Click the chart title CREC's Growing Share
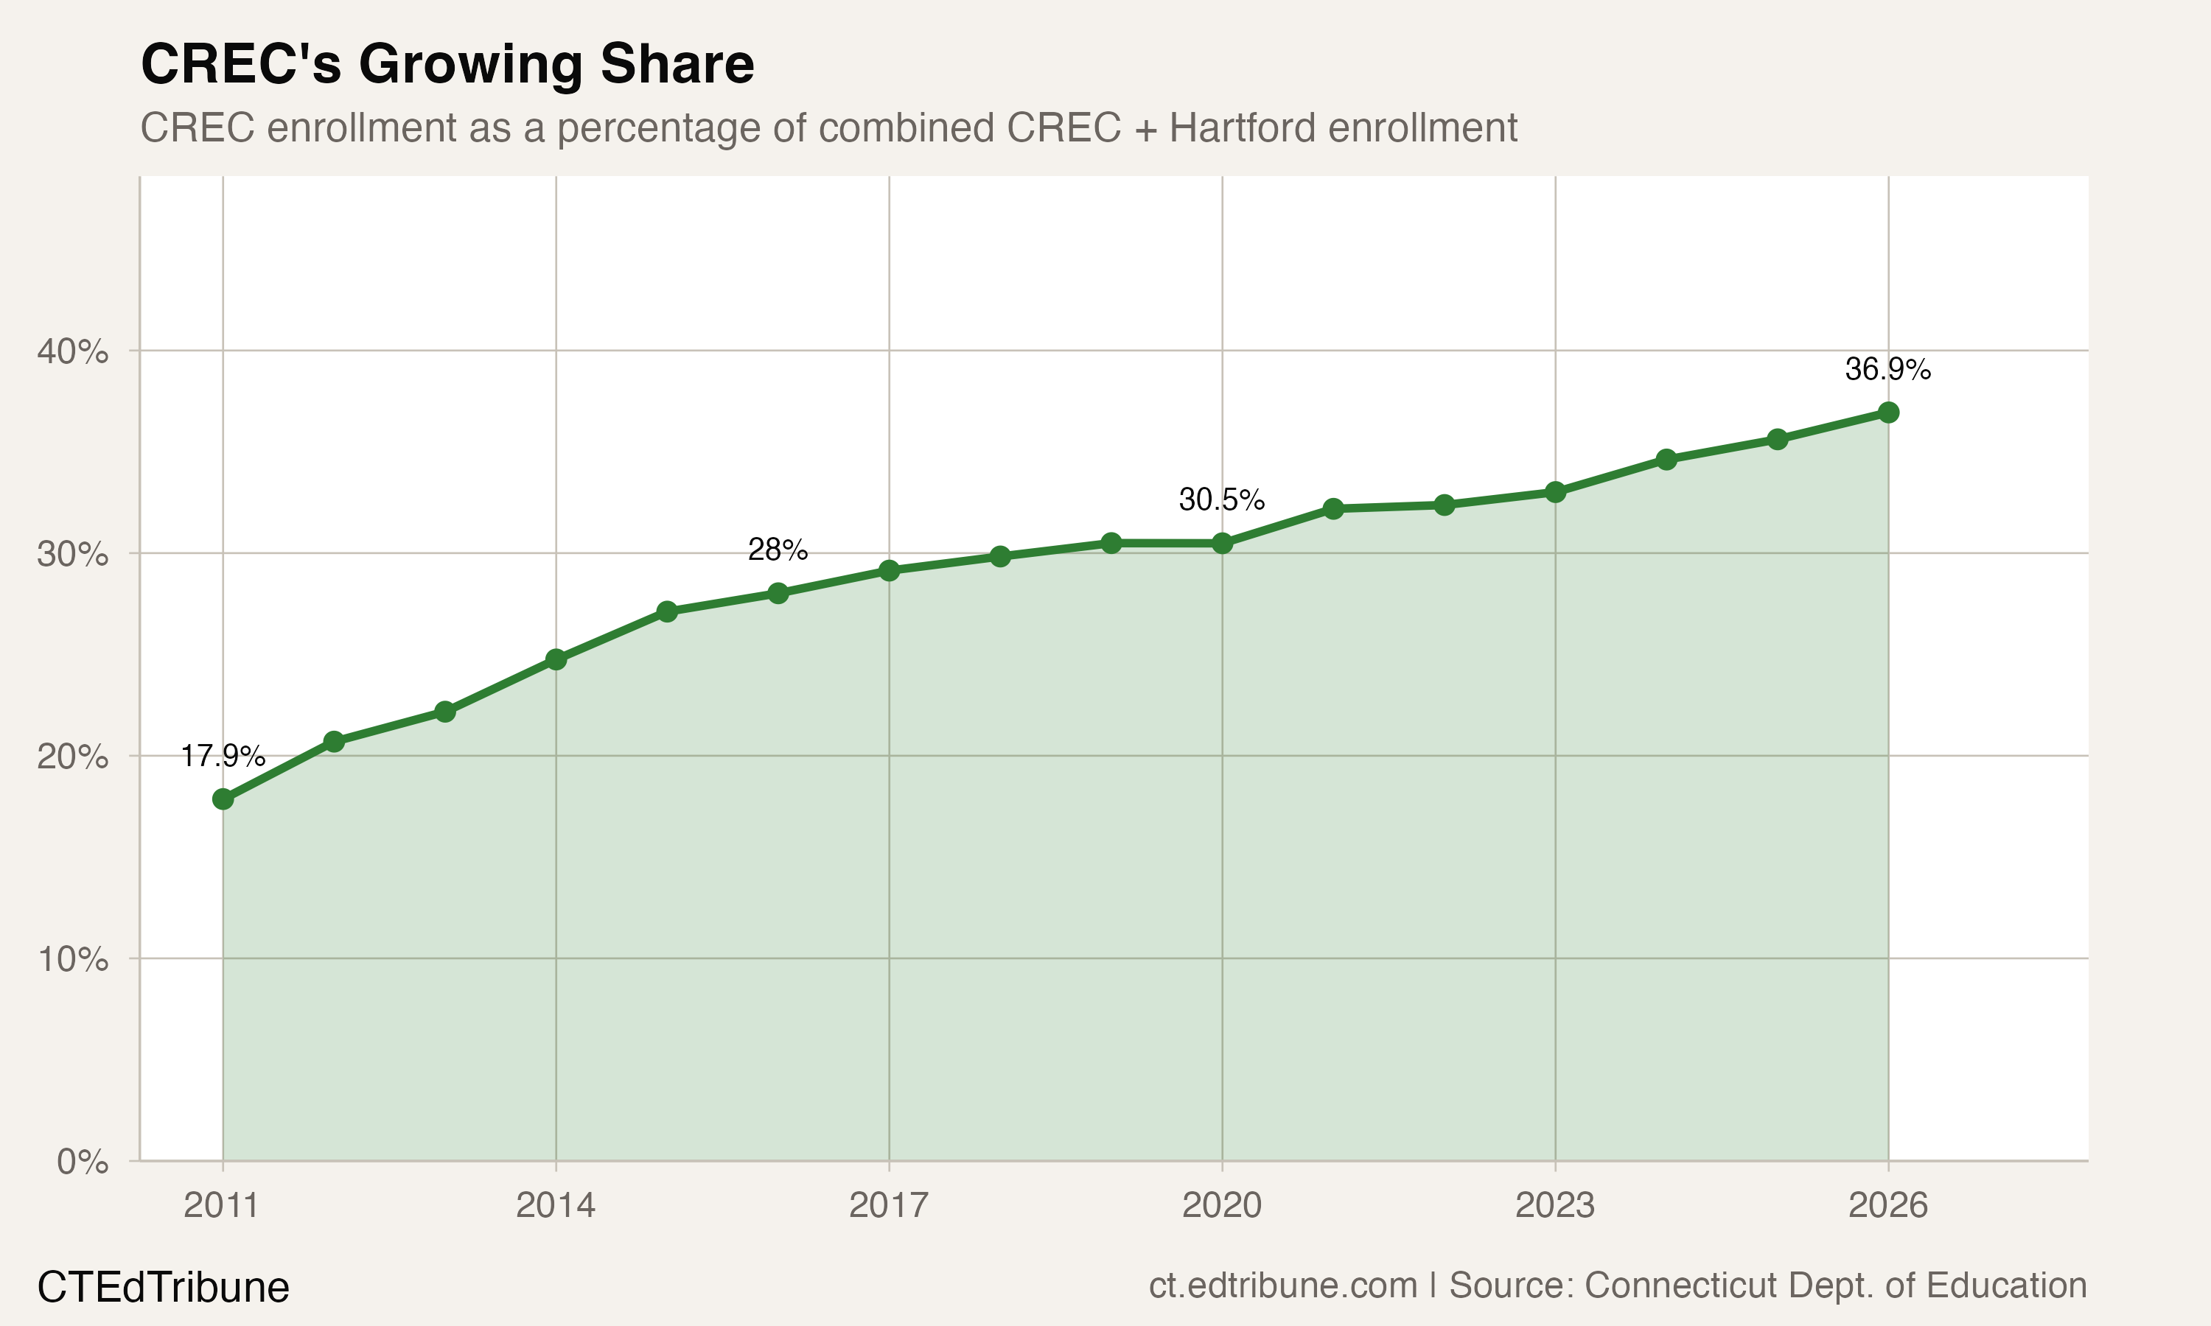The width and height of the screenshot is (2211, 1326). coord(447,64)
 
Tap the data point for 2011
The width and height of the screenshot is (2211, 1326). coord(223,799)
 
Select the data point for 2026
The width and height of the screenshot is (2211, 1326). coord(1888,412)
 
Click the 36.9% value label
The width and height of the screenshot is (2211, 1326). coord(1887,369)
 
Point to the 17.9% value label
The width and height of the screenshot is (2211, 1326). coord(223,756)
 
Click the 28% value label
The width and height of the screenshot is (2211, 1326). coord(778,550)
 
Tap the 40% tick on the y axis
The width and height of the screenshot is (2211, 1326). coord(72,351)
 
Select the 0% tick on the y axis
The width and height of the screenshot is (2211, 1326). coord(83,1162)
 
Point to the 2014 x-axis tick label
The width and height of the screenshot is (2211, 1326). coord(555,1206)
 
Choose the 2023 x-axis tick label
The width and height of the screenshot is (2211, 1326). coord(1555,1206)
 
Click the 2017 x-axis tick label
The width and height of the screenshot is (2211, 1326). coord(888,1206)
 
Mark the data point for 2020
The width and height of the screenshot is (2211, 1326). coord(1222,543)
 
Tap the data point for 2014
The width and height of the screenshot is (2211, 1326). coord(556,659)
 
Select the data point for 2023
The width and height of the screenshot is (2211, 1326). coord(1555,492)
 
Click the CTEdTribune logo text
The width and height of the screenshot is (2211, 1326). coord(163,1288)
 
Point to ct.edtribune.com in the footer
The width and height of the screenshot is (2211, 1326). coord(1282,1285)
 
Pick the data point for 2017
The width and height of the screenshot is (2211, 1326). coord(888,570)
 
